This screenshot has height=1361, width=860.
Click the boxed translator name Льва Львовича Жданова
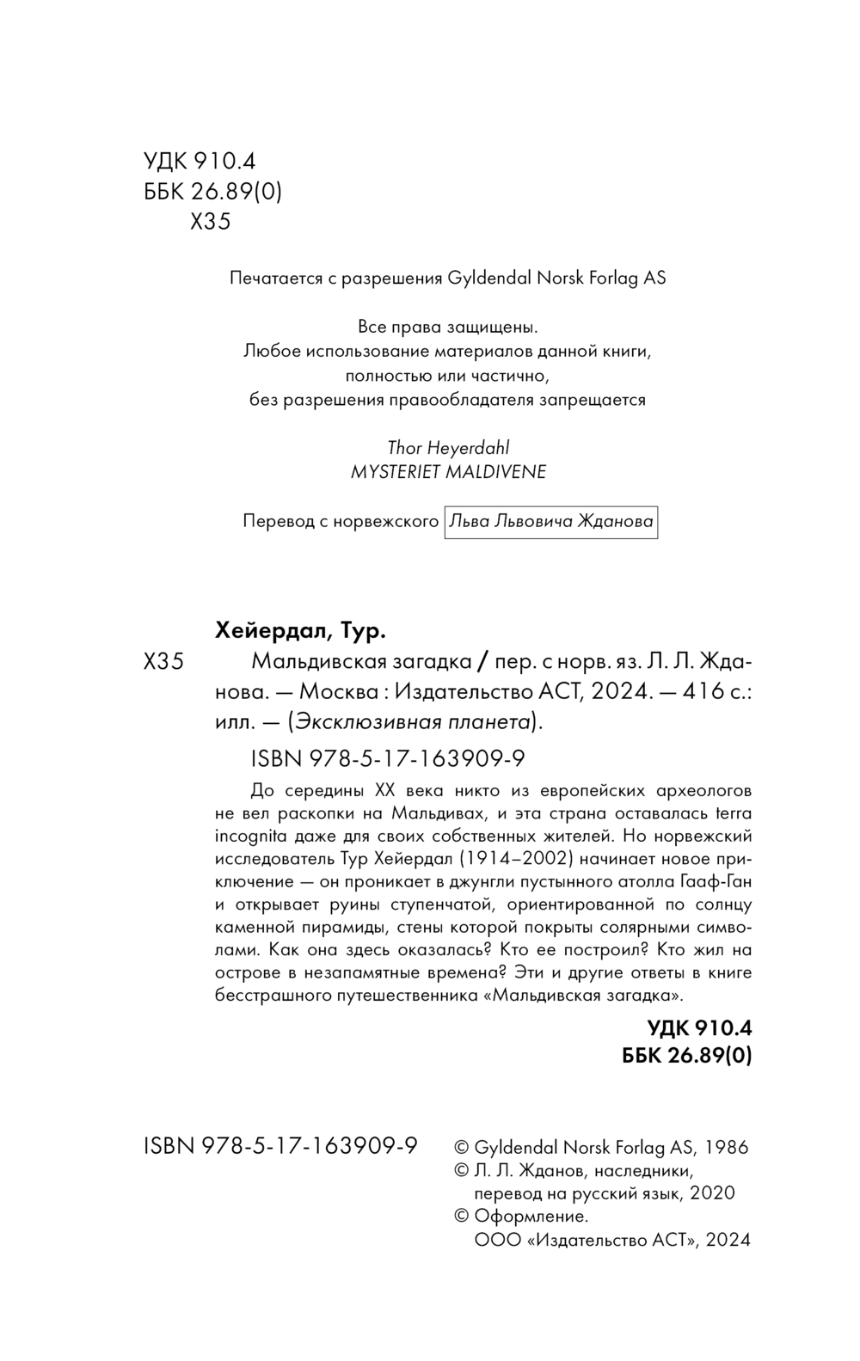[551, 522]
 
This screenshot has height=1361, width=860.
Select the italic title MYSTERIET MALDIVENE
[448, 472]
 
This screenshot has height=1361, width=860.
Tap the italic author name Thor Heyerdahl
[448, 448]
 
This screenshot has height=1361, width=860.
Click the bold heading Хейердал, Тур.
[300, 632]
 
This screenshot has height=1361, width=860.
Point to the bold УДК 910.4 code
[699, 1027]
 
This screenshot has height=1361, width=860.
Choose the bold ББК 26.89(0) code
[686, 1056]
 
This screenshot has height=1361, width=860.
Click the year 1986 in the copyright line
[727, 1147]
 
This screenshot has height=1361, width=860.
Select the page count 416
[703, 691]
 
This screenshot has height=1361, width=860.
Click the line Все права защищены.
[447, 327]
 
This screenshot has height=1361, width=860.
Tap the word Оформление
[531, 1216]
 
